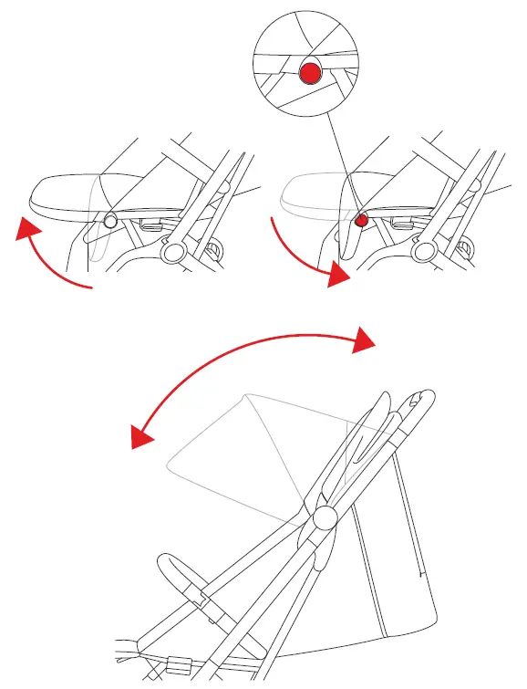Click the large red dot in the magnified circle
coord(311,72)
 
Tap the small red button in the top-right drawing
coord(361,220)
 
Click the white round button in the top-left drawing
coord(109,220)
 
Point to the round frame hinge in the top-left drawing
coord(172,251)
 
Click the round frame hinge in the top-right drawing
coord(424,251)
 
